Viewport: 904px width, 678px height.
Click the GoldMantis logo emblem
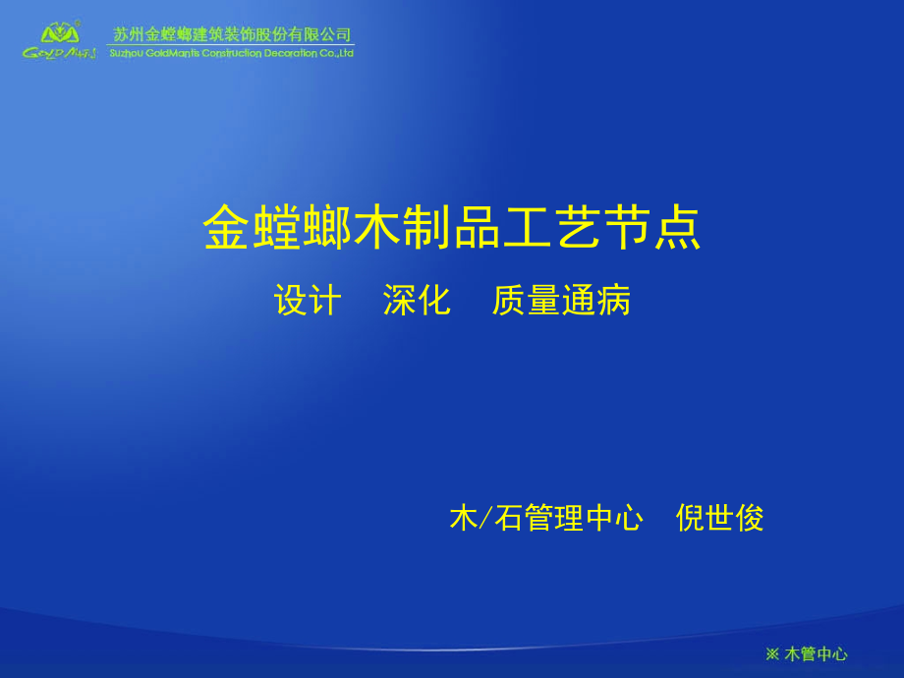tap(60, 32)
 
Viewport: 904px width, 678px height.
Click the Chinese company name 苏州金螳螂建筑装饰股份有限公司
tap(231, 34)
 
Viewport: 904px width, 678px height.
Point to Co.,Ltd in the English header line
tap(337, 53)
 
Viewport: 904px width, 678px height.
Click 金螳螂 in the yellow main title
tap(277, 227)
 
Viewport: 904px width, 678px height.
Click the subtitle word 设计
tap(308, 300)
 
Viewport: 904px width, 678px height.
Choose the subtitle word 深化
tap(417, 300)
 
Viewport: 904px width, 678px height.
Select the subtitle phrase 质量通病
tap(561, 300)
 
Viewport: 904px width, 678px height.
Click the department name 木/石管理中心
tap(546, 517)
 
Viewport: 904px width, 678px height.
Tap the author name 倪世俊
tap(719, 517)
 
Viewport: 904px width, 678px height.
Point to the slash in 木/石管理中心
tap(486, 517)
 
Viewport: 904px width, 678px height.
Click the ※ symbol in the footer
tap(772, 654)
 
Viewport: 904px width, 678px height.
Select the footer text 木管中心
tap(816, 653)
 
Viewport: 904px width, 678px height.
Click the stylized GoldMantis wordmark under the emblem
tap(59, 53)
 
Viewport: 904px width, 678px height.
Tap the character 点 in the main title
tap(677, 227)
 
